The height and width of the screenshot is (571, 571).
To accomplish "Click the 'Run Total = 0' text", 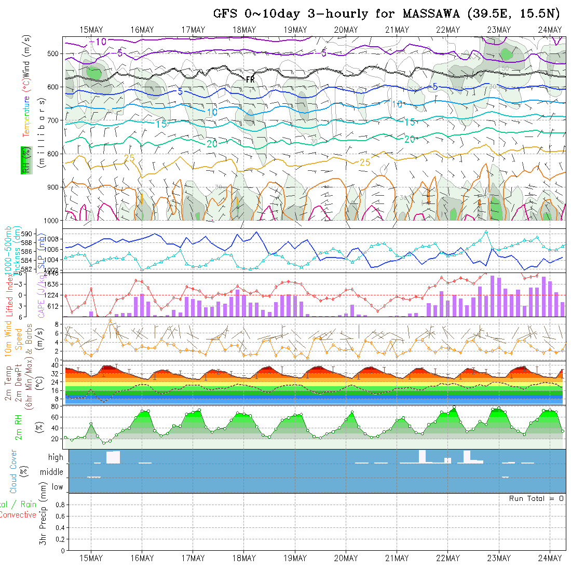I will [536, 498].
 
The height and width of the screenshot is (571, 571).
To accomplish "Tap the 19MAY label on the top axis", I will [295, 30].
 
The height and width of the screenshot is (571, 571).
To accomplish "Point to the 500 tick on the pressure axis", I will [55, 53].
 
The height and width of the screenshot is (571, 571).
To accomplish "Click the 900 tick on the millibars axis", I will [55, 187].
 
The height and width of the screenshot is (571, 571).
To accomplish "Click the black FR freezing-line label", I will [250, 79].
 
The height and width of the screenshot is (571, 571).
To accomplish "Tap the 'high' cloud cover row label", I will [56, 457].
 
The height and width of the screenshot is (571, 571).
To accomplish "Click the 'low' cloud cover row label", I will [57, 487].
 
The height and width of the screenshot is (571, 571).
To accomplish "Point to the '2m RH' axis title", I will [18, 427].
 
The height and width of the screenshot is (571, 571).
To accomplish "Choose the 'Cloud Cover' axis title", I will [13, 471].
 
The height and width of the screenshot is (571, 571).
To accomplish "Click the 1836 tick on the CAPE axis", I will [52, 284].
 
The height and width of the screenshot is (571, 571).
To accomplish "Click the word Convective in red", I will [18, 514].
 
